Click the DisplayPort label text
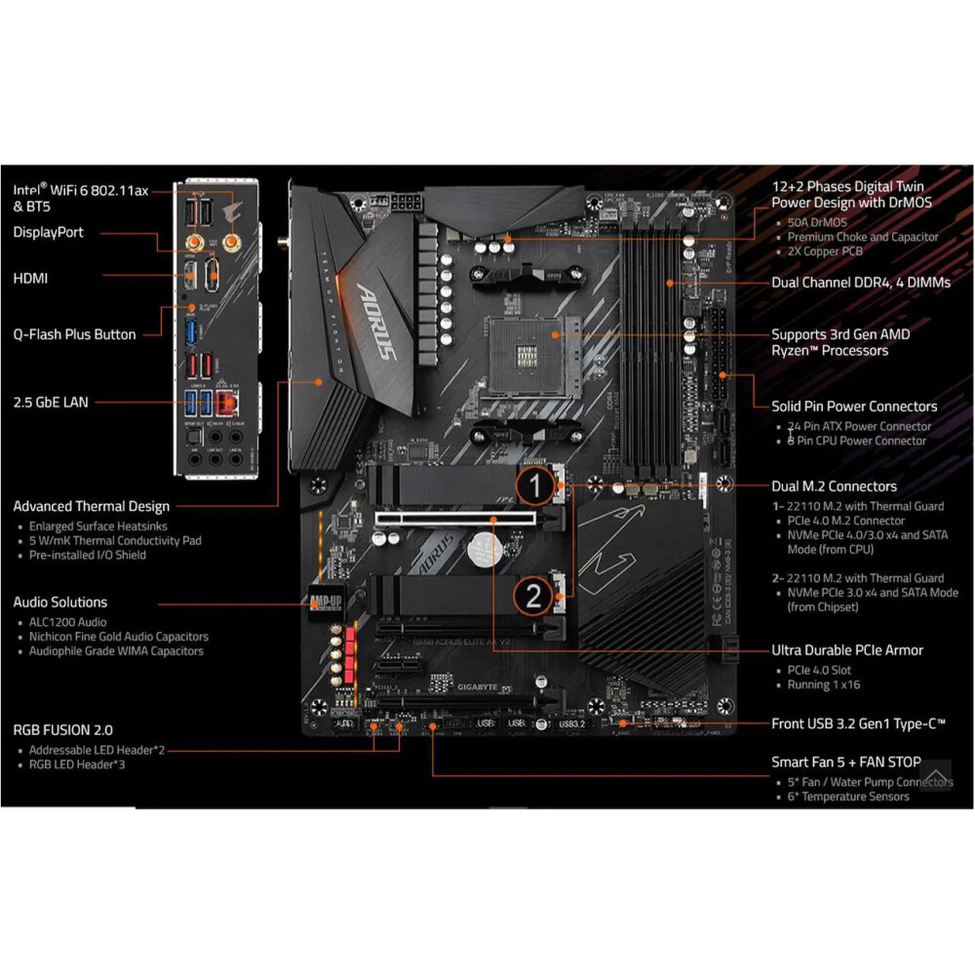point(48,232)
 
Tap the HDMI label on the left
point(30,279)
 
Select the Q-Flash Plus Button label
point(74,334)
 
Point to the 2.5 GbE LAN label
point(50,401)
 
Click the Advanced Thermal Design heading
point(91,506)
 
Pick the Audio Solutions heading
point(60,602)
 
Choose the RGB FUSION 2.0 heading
point(62,729)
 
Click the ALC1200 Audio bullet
point(67,622)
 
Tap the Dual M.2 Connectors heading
point(834,486)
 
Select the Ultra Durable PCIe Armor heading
point(847,649)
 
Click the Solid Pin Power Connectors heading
point(854,406)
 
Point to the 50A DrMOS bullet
point(817,222)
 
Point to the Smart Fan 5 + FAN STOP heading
point(846,761)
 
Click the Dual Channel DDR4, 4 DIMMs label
point(861,283)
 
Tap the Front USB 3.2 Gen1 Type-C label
point(858,722)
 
